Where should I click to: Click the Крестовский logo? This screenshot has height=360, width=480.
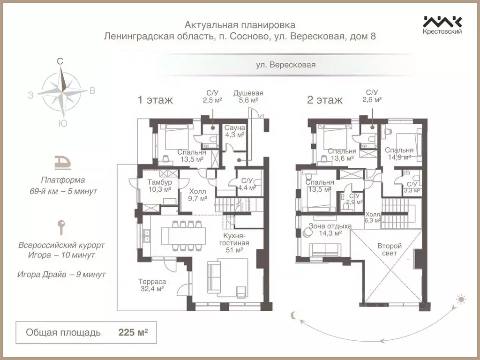(x=442, y=24)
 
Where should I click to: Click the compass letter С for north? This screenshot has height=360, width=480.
(x=60, y=61)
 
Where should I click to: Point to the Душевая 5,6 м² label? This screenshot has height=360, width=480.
(x=248, y=96)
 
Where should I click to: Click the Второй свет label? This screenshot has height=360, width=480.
(x=390, y=249)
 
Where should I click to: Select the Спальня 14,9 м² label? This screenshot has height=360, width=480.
(x=399, y=154)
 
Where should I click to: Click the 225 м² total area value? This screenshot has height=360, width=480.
(x=133, y=333)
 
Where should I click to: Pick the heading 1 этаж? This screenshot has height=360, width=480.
(x=155, y=100)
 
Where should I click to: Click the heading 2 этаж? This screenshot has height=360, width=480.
(x=324, y=100)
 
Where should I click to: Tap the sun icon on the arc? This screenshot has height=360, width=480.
(x=461, y=299)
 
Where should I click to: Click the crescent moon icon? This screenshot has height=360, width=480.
(x=294, y=315)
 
